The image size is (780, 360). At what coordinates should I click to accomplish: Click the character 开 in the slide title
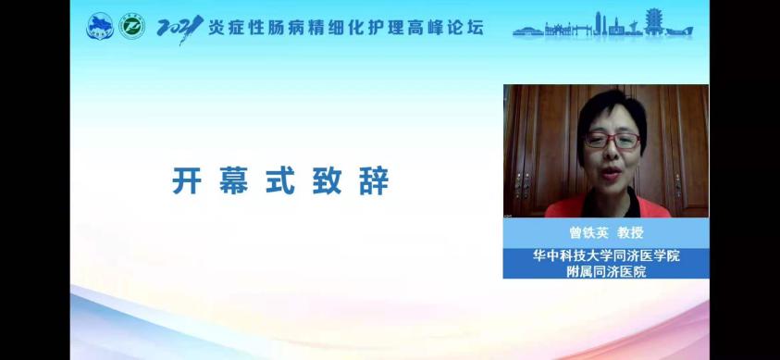[x=187, y=180]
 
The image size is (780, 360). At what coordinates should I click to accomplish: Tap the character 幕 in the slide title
[x=234, y=180]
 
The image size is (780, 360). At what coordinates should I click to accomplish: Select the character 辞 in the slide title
[x=374, y=180]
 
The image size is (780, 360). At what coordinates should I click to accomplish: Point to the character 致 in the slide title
[x=328, y=180]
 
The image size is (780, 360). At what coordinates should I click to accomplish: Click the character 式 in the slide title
[x=280, y=180]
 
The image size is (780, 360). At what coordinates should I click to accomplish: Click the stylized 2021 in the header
[x=180, y=29]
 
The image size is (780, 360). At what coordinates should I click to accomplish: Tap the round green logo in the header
[x=131, y=26]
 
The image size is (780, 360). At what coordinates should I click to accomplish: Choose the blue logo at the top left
[x=100, y=26]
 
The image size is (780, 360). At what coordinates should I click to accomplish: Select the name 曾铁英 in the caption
[x=589, y=232]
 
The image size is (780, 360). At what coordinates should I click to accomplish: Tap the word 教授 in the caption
[x=630, y=232]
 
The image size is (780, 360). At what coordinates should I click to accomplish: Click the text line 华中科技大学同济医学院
[x=606, y=256]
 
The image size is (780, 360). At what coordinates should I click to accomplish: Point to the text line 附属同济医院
[x=606, y=271]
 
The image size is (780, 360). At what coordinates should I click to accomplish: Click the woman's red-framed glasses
[x=613, y=141]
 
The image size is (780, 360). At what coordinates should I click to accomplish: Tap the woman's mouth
[x=609, y=173]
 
